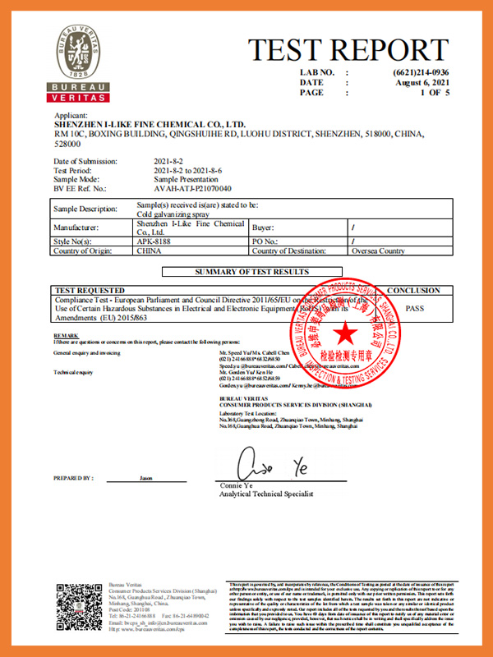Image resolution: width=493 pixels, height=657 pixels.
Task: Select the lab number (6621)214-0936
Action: (x=422, y=72)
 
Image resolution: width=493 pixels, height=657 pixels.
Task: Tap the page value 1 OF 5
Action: (x=434, y=93)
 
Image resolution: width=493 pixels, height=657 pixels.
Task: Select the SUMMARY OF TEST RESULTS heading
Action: (x=251, y=272)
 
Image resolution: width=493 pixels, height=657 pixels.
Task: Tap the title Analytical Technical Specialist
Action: (x=265, y=496)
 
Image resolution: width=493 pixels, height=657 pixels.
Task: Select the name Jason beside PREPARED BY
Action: (x=146, y=477)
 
